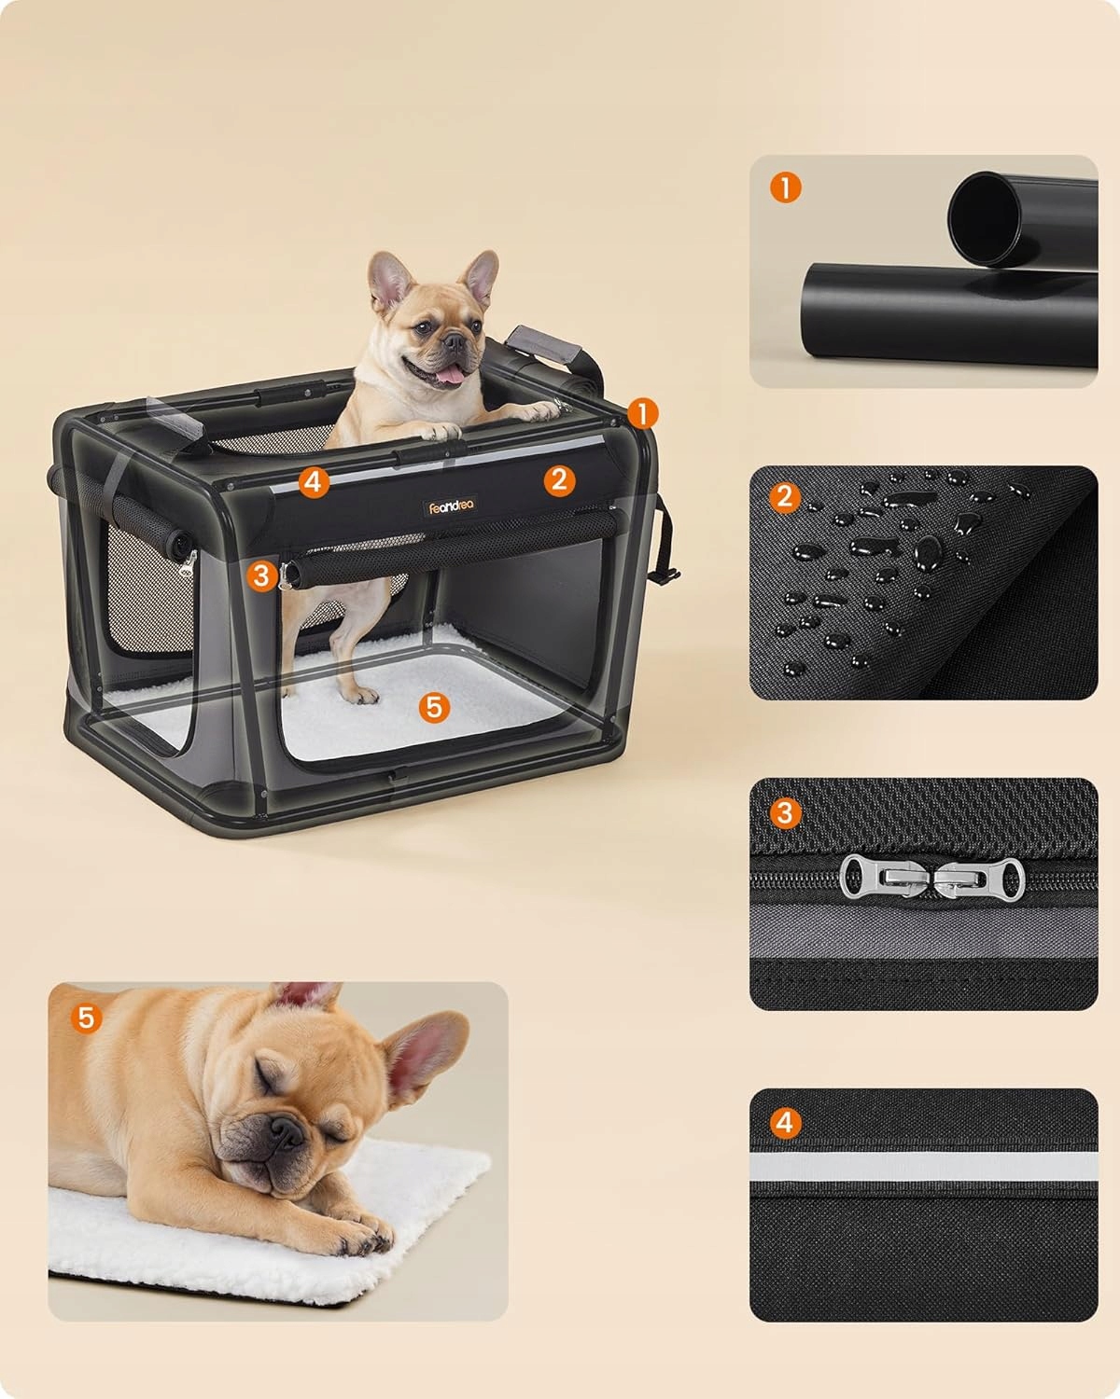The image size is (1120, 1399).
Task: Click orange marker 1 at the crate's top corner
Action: [x=642, y=414]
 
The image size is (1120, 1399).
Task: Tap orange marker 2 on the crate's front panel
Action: [x=559, y=480]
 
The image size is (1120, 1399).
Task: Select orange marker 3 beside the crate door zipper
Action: [x=261, y=575]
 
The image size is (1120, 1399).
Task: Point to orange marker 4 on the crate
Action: [x=313, y=483]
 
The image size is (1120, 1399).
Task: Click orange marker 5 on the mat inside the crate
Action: [x=434, y=707]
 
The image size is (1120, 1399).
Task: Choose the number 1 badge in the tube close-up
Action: [x=786, y=187]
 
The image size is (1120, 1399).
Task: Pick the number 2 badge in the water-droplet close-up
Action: [x=785, y=498]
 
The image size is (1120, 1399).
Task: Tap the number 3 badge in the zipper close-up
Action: [x=785, y=812]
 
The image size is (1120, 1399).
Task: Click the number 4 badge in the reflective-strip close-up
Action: [x=785, y=1123]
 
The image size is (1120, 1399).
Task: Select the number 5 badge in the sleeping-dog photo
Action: [x=87, y=1018]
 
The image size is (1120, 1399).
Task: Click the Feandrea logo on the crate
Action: [x=451, y=506]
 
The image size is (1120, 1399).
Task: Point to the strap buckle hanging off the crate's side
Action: [x=665, y=574]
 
